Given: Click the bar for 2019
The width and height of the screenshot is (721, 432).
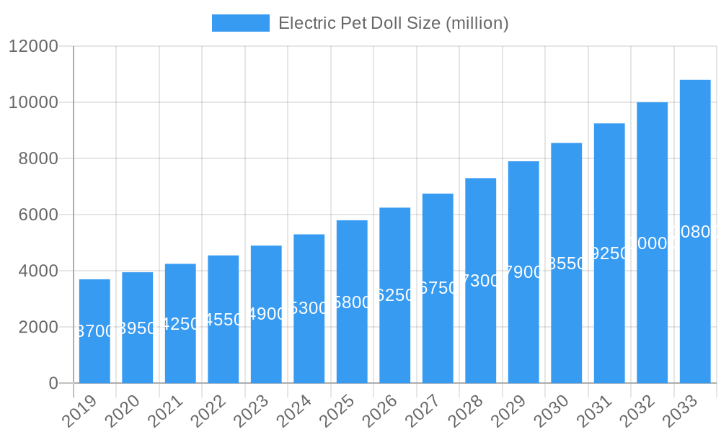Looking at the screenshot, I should (x=94, y=331).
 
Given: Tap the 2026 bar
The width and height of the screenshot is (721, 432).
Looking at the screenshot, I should (x=394, y=295).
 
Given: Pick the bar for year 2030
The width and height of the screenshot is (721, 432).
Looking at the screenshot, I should (x=566, y=263).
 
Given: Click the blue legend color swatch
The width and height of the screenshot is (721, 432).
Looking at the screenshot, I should (x=240, y=23).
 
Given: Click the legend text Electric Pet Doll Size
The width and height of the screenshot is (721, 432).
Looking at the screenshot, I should (x=393, y=23).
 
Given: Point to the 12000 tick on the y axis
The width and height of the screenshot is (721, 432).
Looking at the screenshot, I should (x=33, y=47).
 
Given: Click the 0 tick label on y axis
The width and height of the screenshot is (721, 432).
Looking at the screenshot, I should (x=53, y=384).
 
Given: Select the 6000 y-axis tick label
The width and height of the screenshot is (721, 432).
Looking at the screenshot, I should (x=33, y=215).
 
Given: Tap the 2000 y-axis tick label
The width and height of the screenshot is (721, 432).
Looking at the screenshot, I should (x=33, y=328).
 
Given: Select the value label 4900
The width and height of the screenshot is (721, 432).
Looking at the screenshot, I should (x=266, y=314).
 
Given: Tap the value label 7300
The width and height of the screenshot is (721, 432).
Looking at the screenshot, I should (x=480, y=281).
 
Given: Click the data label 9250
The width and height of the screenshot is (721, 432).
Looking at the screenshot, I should (x=609, y=253).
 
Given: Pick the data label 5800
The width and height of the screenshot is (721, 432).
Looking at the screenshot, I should (x=352, y=302).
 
